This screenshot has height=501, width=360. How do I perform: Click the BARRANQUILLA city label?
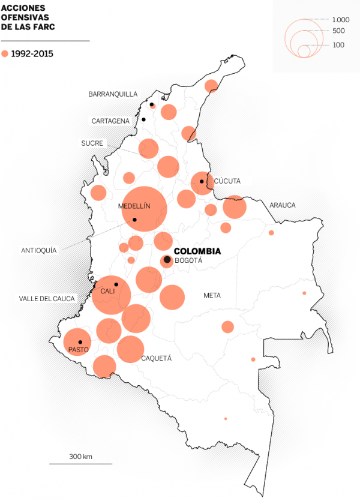pyautogui.click(x=113, y=94)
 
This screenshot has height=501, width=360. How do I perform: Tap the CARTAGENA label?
pyautogui.click(x=110, y=121)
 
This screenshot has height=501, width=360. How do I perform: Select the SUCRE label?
pyautogui.click(x=92, y=143)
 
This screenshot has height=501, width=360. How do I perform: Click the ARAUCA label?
pyautogui.click(x=283, y=205)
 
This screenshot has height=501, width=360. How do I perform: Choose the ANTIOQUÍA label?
pyautogui.click(x=38, y=251)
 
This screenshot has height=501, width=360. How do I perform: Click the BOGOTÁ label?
pyautogui.click(x=188, y=261)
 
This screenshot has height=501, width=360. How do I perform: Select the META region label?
pyautogui.click(x=212, y=295)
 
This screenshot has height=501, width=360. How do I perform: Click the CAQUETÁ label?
pyautogui.click(x=157, y=358)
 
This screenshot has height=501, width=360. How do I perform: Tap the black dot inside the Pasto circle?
pyautogui.click(x=80, y=342)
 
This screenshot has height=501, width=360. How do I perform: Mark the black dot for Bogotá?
pyautogui.click(x=167, y=260)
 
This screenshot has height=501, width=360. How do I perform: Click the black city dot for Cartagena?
pyautogui.click(x=143, y=119)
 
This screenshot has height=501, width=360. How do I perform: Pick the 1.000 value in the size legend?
pyautogui.click(x=340, y=20)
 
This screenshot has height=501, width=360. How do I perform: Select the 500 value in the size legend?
pyautogui.click(x=338, y=31)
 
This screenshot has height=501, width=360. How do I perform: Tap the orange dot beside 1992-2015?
pyautogui.click(x=5, y=53)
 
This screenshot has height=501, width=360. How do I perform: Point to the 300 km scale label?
pyautogui.click(x=80, y=457)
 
